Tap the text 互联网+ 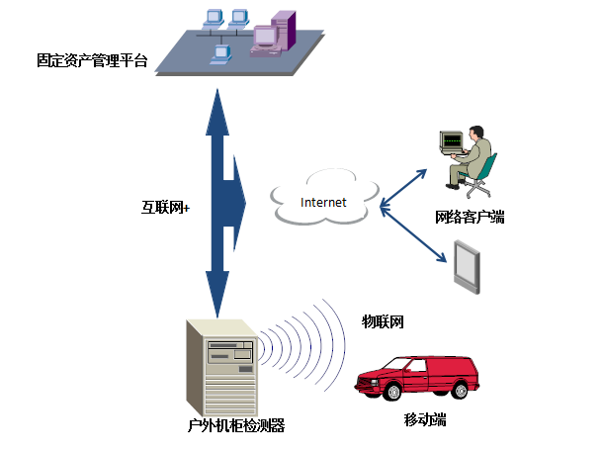[165, 208]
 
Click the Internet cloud [324, 201]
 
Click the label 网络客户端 [470, 217]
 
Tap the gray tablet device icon [469, 264]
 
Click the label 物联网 [383, 321]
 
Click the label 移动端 [425, 419]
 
